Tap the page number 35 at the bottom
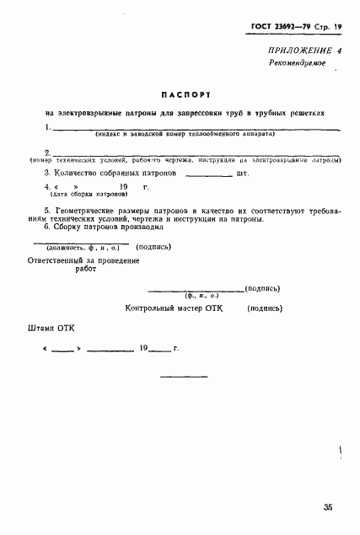click(x=326, y=507)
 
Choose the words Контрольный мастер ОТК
click(x=173, y=309)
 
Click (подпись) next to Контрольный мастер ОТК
click(x=265, y=309)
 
